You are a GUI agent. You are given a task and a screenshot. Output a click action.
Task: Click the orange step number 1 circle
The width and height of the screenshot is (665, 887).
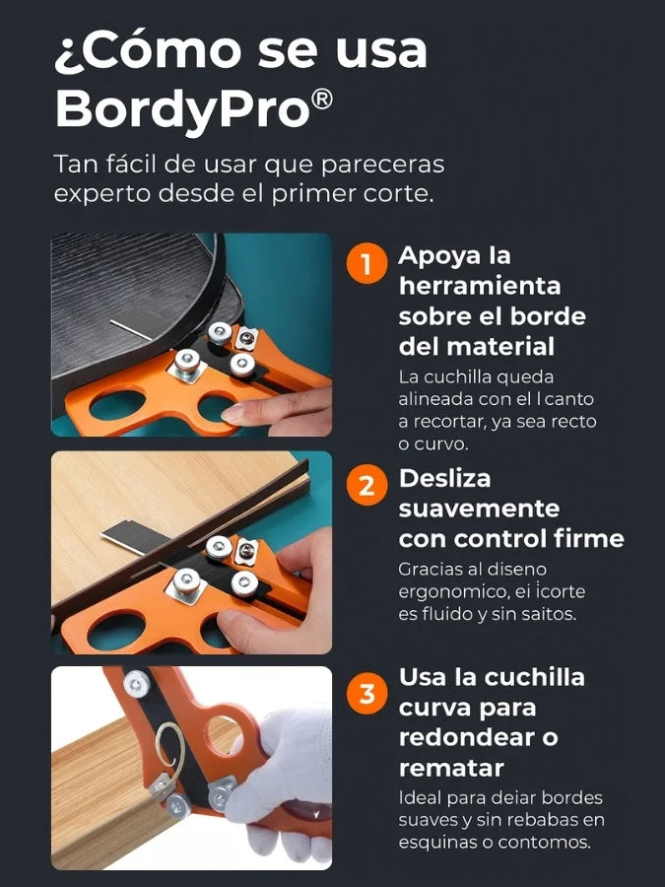(x=366, y=263)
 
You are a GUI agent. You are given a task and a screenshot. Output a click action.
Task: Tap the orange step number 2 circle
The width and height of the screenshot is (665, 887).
(x=366, y=485)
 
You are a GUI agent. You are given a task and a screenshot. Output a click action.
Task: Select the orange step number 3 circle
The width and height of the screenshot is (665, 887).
(x=366, y=693)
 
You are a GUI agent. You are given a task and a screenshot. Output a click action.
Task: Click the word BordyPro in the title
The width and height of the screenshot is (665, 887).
(x=182, y=110)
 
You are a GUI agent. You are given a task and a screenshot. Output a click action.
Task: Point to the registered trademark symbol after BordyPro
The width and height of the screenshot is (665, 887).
(x=322, y=100)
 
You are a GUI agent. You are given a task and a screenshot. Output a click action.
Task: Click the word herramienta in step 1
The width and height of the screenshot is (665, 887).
(x=480, y=286)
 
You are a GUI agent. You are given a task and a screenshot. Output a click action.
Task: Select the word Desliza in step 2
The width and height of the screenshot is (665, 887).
(x=444, y=479)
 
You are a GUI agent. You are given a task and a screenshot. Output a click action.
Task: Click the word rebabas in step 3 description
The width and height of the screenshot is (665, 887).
(x=530, y=820)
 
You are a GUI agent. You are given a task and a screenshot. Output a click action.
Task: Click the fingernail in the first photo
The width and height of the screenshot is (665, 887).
(x=233, y=414)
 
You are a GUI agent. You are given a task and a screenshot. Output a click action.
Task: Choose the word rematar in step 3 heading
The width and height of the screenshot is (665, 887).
(x=450, y=768)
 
